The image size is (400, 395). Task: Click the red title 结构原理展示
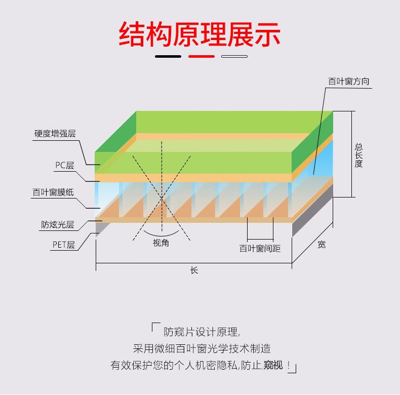tap(199, 34)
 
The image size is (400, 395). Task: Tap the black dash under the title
tap(168, 56)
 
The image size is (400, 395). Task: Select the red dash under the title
tap(202, 56)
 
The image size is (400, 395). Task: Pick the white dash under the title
tap(234, 56)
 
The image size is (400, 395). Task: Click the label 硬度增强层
tap(55, 134)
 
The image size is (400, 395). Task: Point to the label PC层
tap(65, 166)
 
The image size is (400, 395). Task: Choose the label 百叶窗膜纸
tap(53, 192)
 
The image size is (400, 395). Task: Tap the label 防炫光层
tap(58, 224)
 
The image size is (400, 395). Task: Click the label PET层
tap(63, 245)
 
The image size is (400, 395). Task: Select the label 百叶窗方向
tap(349, 82)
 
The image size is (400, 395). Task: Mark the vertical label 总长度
tap(358, 155)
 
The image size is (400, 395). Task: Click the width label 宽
tap(322, 245)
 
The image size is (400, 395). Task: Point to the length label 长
tap(194, 270)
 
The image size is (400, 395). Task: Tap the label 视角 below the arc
tap(161, 243)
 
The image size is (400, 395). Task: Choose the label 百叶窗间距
tap(260, 248)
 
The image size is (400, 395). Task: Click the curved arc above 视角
tap(162, 234)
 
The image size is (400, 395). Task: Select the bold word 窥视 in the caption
tap(273, 365)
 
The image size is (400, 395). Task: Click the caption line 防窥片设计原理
tap(202, 332)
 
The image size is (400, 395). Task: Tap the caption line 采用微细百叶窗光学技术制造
tap(202, 348)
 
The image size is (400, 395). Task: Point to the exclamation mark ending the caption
tap(289, 365)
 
